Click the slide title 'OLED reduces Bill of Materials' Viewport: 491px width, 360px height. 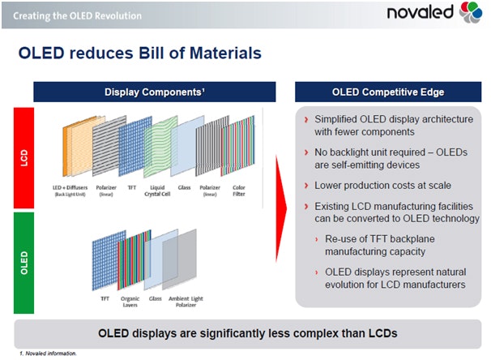pyautogui.click(x=139, y=54)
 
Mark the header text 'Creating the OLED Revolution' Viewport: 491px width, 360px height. pyautogui.click(x=66, y=15)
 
